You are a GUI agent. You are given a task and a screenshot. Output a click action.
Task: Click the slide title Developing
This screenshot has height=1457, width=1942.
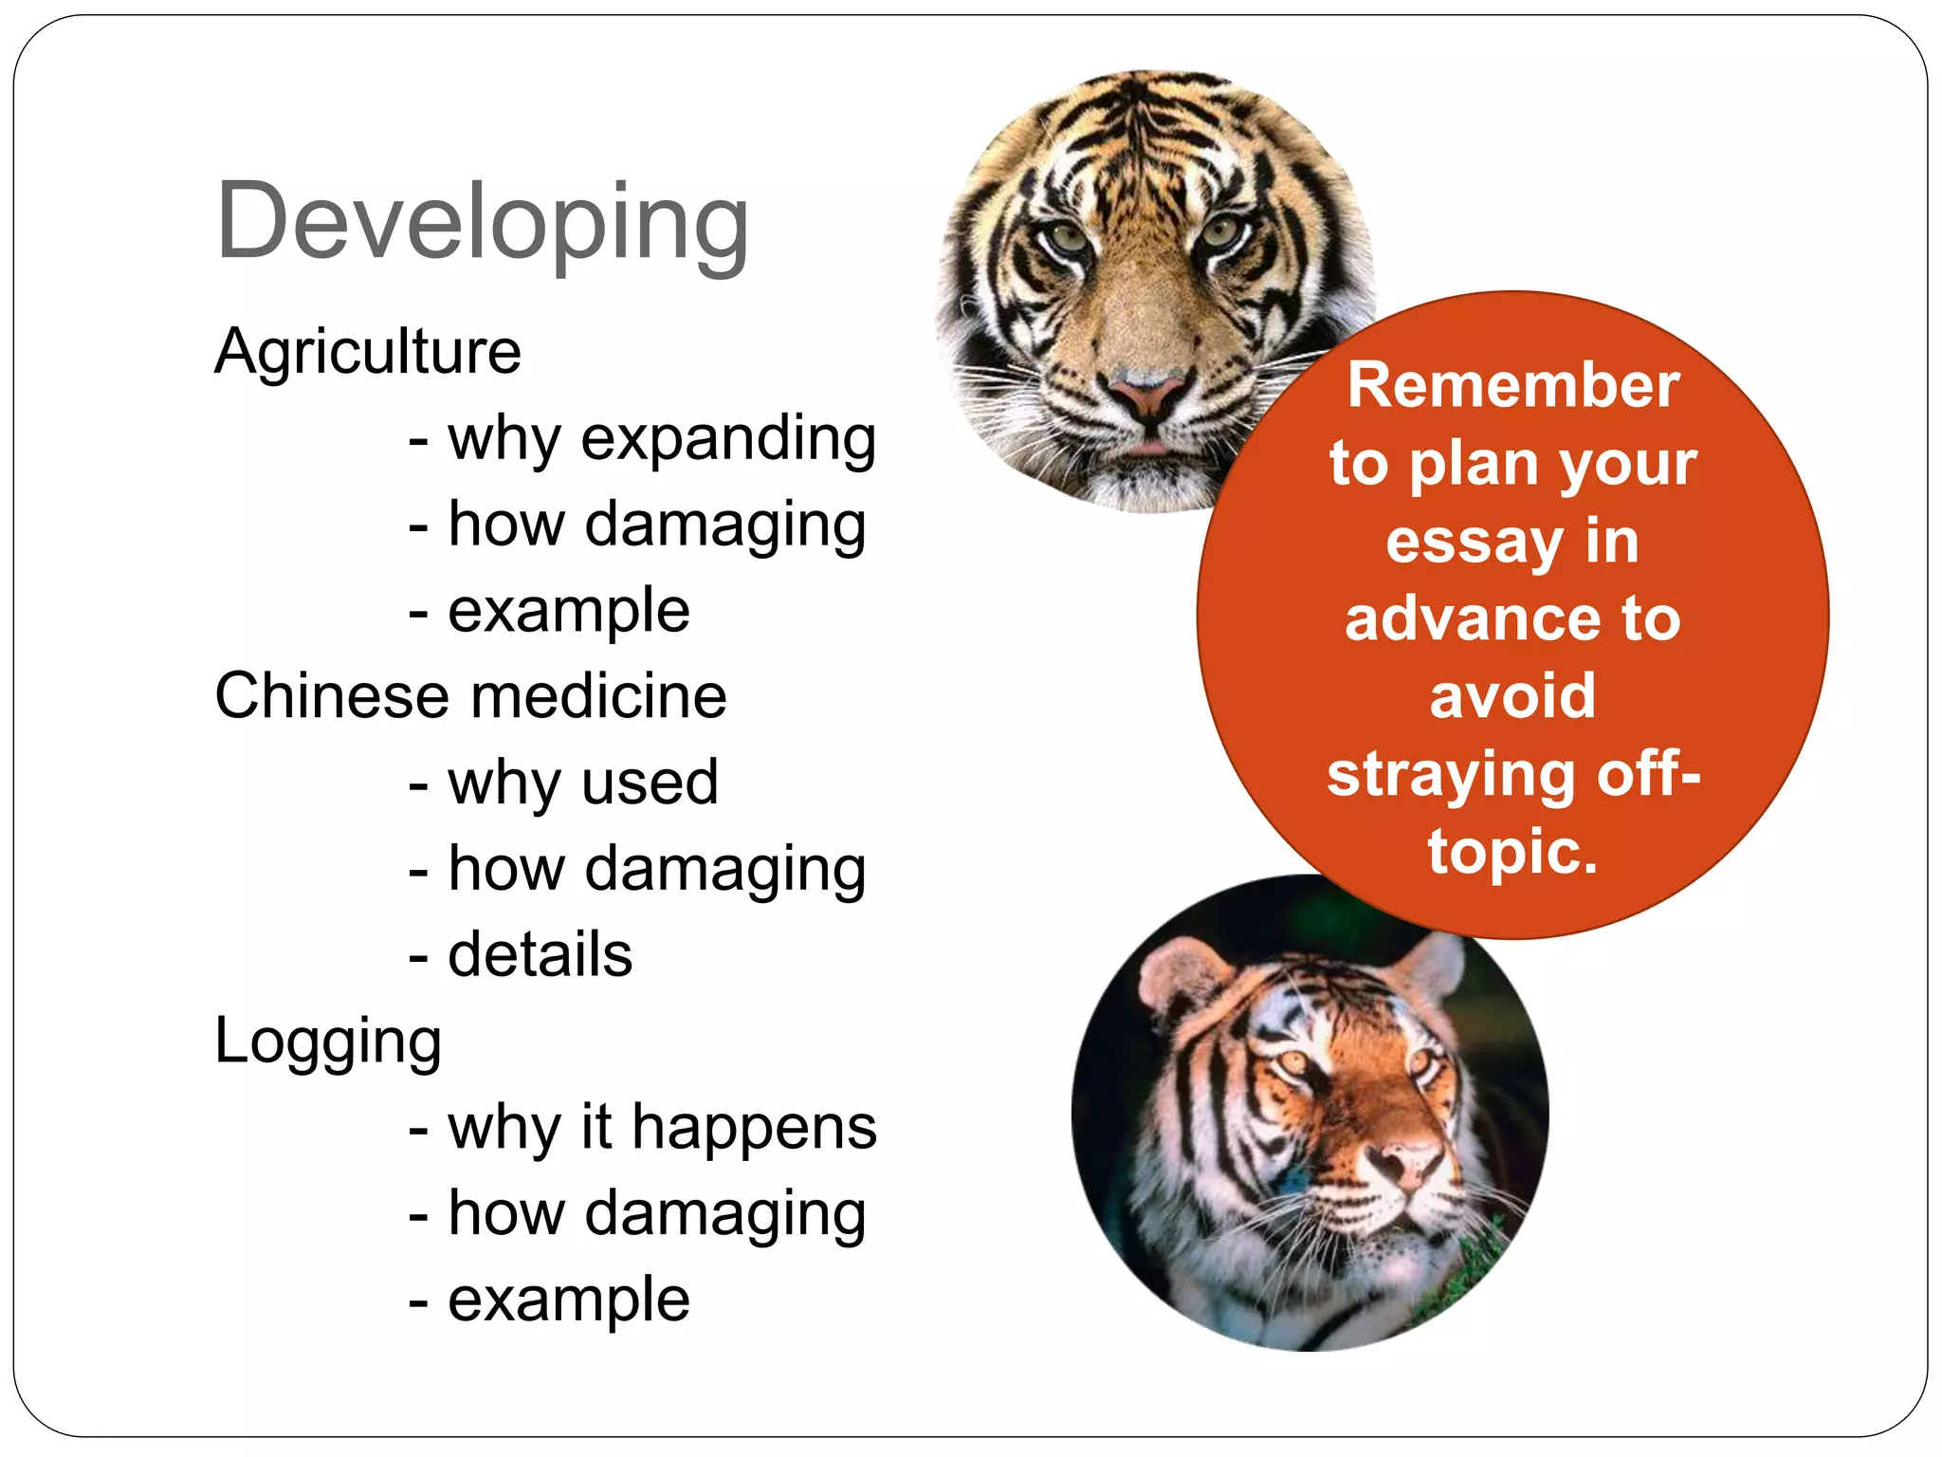pyautogui.click(x=482, y=223)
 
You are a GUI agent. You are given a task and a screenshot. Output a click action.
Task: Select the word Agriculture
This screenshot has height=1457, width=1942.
pyautogui.click(x=368, y=352)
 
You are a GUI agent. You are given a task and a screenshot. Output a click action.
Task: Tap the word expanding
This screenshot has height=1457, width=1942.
pyautogui.click(x=728, y=439)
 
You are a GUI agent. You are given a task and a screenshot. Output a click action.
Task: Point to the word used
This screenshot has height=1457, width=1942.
pyautogui.click(x=650, y=784)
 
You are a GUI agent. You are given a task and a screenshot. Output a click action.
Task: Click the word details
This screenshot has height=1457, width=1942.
pyautogui.click(x=540, y=955)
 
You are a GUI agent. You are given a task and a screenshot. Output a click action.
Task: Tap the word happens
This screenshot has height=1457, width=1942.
pyautogui.click(x=754, y=1129)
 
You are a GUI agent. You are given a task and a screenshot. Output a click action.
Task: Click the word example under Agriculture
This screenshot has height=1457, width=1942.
pyautogui.click(x=569, y=611)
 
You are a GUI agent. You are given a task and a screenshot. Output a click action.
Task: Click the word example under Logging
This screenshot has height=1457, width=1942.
pyautogui.click(x=569, y=1300)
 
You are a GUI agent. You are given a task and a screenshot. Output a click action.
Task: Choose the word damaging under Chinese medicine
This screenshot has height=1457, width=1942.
pyautogui.click(x=725, y=870)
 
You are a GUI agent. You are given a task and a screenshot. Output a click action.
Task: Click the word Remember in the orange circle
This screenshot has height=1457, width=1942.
pyautogui.click(x=1513, y=385)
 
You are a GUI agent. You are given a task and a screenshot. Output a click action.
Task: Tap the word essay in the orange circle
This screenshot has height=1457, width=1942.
pyautogui.click(x=1473, y=542)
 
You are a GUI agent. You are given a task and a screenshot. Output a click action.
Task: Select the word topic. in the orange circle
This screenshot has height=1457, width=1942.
pyautogui.click(x=1513, y=851)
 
